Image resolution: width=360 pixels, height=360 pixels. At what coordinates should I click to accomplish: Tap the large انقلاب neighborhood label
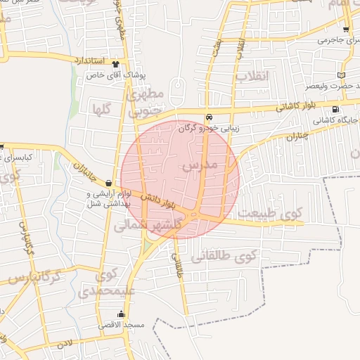pos(252,76)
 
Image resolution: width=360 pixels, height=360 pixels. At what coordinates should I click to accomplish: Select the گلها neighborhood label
pos(102,108)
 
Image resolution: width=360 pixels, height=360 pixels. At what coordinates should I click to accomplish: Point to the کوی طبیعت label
pos(270,212)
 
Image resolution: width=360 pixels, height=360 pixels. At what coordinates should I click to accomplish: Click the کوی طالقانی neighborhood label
pos(236,257)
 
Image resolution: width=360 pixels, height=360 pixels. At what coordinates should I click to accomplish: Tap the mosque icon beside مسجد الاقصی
pos(122,314)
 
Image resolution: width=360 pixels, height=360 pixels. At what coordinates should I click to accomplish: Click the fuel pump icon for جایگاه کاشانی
pos(335,109)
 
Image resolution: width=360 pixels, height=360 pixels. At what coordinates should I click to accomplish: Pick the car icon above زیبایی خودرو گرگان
pos(209,117)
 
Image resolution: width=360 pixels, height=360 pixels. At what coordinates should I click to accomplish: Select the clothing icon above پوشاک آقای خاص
pos(115,63)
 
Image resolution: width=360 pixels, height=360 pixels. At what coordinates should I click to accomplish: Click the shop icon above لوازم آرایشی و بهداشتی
pos(108,182)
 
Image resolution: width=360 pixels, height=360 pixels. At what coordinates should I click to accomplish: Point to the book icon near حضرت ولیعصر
pos(341,75)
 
